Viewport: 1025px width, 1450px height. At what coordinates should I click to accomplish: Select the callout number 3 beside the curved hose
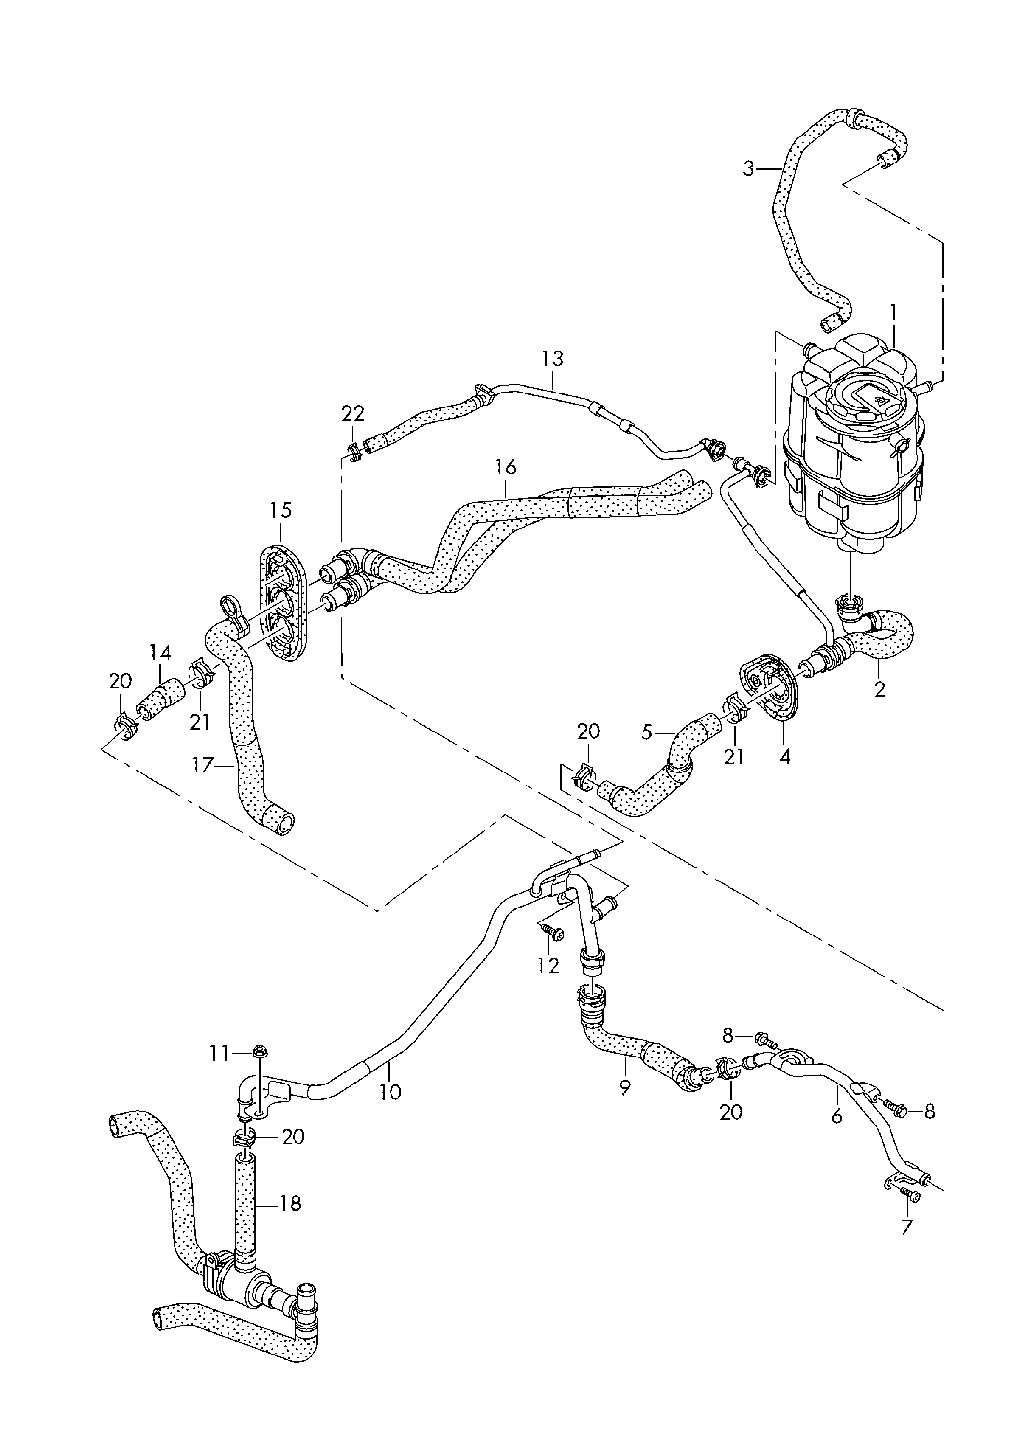tap(748, 169)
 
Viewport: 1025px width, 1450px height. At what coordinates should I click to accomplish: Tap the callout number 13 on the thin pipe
tap(552, 359)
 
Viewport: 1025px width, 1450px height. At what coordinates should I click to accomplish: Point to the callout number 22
tap(352, 414)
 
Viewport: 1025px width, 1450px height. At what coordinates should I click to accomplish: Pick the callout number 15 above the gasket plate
tap(281, 510)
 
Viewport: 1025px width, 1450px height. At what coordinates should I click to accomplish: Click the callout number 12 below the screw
tap(548, 965)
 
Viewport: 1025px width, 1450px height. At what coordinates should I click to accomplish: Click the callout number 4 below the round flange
tap(784, 756)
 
